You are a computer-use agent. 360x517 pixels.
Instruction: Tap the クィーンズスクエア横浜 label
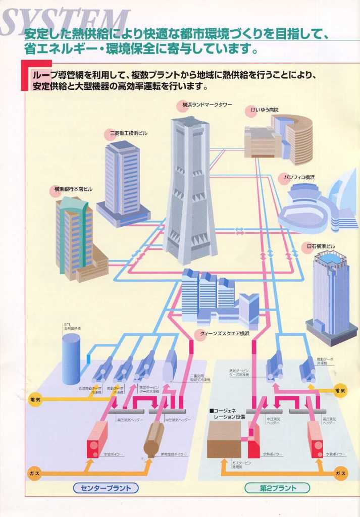(x=224, y=334)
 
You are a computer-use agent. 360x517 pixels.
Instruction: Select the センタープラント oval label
(x=106, y=488)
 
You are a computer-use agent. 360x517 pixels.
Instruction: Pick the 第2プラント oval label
(x=277, y=488)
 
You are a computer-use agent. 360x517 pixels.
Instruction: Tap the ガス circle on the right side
(x=340, y=474)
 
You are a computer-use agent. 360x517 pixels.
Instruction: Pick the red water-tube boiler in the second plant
(x=315, y=438)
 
